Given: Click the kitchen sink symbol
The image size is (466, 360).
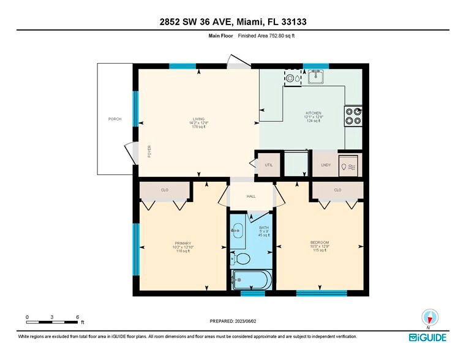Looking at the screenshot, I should point(316,77).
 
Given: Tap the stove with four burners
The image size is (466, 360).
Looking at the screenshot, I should point(353,116).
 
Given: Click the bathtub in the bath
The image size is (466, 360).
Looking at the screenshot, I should point(251,280).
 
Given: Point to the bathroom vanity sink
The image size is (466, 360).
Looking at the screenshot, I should point(238,231).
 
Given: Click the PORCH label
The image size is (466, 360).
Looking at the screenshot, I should point(115,119).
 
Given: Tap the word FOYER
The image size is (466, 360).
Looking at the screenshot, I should point(149,152).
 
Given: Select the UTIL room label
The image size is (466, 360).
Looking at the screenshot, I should point(268,165).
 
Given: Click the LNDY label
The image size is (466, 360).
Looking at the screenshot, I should point(326,165).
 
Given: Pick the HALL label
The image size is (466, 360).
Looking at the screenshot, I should point(251,197).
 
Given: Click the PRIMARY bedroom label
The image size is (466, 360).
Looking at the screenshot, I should point(183,243).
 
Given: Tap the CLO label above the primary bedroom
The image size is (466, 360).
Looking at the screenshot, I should point(165,190).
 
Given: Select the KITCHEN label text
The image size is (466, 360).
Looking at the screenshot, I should point(314,113).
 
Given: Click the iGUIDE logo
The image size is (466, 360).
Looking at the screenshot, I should point(428,337).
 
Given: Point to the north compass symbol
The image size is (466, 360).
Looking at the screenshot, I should point(430,318).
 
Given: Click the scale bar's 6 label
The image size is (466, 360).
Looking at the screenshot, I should point(77,317).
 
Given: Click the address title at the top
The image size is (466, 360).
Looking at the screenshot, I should point(233,22).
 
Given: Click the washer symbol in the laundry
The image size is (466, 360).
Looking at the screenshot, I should point(350,165).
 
